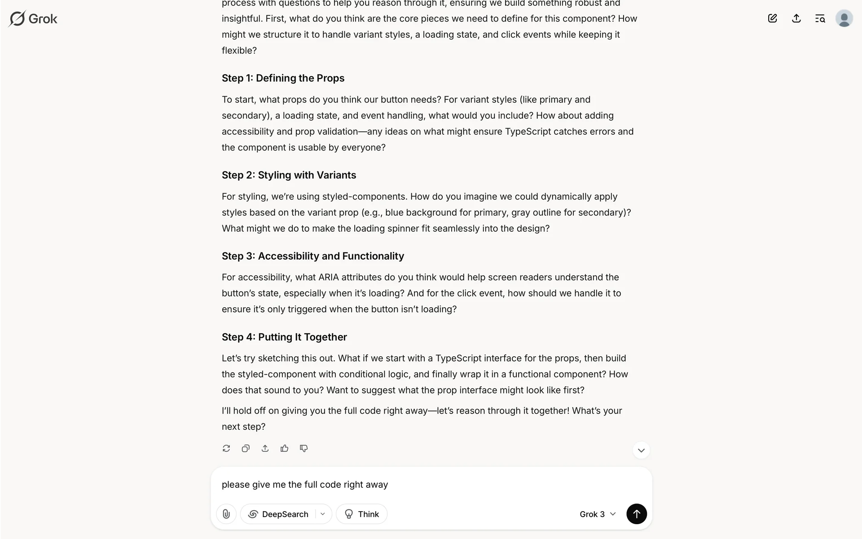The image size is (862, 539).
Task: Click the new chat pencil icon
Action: pos(772,18)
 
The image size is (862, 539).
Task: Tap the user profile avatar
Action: pos(844,18)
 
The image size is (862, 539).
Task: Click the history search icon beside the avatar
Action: pos(820,18)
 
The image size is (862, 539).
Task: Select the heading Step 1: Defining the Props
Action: pos(283,78)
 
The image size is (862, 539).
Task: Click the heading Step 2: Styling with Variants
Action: pos(289,175)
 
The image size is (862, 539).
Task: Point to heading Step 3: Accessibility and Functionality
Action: pos(312,256)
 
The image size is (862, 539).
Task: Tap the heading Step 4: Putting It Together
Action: pos(284,337)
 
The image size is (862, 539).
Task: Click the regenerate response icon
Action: pos(226,448)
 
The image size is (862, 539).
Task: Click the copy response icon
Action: pos(246,448)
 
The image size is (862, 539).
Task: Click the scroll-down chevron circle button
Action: pos(641,450)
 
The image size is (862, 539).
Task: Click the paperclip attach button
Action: pos(226,514)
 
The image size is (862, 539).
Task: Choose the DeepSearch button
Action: pos(279,514)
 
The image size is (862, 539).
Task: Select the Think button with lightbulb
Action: pos(361,514)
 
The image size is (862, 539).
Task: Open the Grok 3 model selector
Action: pos(597,514)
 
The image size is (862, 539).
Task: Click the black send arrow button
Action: pos(636,514)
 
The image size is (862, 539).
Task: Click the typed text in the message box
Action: pos(305,485)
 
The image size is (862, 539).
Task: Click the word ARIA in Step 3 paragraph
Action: pos(328,277)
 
